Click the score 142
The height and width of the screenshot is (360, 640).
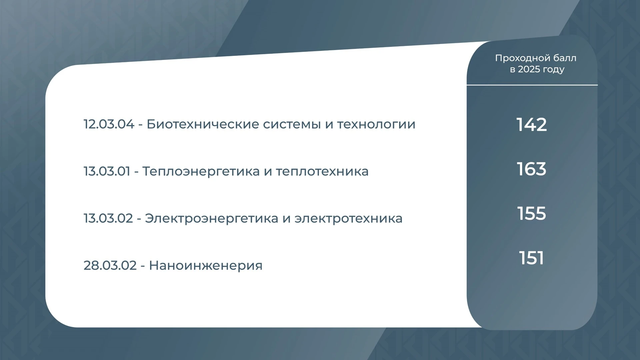tap(532, 125)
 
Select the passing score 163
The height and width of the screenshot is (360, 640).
tap(532, 169)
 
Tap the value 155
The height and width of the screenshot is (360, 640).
tap(532, 213)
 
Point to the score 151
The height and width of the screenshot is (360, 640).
tap(532, 258)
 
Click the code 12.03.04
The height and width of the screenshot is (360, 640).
tap(109, 124)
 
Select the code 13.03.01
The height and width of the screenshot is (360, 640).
tap(107, 171)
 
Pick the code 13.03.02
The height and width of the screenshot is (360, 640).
tap(108, 218)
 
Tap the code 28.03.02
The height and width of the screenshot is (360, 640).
tap(110, 266)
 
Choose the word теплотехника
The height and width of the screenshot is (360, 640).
tap(322, 172)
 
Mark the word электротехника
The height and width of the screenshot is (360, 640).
tap(349, 219)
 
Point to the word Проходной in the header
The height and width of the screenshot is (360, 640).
tap(522, 58)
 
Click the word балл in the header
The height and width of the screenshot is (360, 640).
tap(565, 58)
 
